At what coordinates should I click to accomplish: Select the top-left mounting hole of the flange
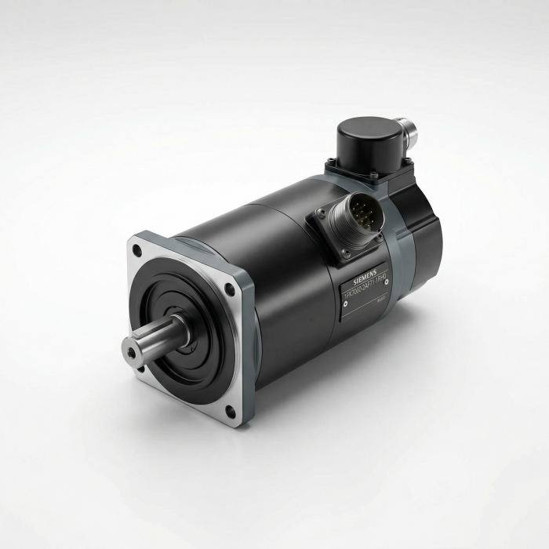pyautogui.click(x=138, y=251)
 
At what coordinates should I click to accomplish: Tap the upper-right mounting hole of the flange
pyautogui.click(x=229, y=289)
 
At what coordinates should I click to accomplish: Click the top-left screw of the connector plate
pyautogui.click(x=320, y=210)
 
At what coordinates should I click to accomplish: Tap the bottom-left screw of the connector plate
pyautogui.click(x=344, y=259)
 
